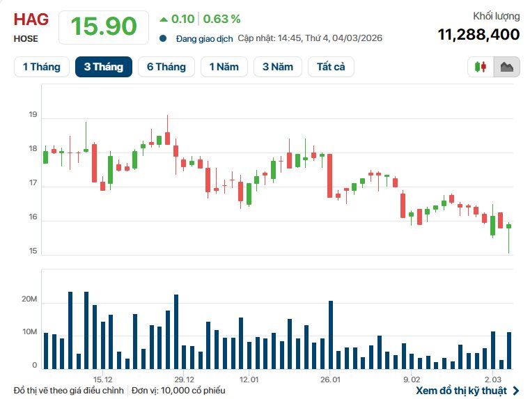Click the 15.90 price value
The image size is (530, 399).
point(103,26)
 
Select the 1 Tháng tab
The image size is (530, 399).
point(42,67)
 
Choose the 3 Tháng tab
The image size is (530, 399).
point(103,67)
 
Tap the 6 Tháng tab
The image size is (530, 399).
point(166,67)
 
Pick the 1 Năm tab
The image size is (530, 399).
point(223,67)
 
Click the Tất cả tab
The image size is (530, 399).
point(331,67)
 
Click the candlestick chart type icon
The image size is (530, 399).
point(481,67)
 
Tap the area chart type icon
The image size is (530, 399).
point(506,67)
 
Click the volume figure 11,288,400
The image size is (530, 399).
point(478,34)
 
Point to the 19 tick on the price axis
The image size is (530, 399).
point(33,115)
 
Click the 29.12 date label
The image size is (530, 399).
point(184,380)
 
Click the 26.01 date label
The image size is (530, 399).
point(330,380)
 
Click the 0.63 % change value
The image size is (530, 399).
point(221,19)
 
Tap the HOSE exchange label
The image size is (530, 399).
point(26,39)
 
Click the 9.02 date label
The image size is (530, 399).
point(411,380)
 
